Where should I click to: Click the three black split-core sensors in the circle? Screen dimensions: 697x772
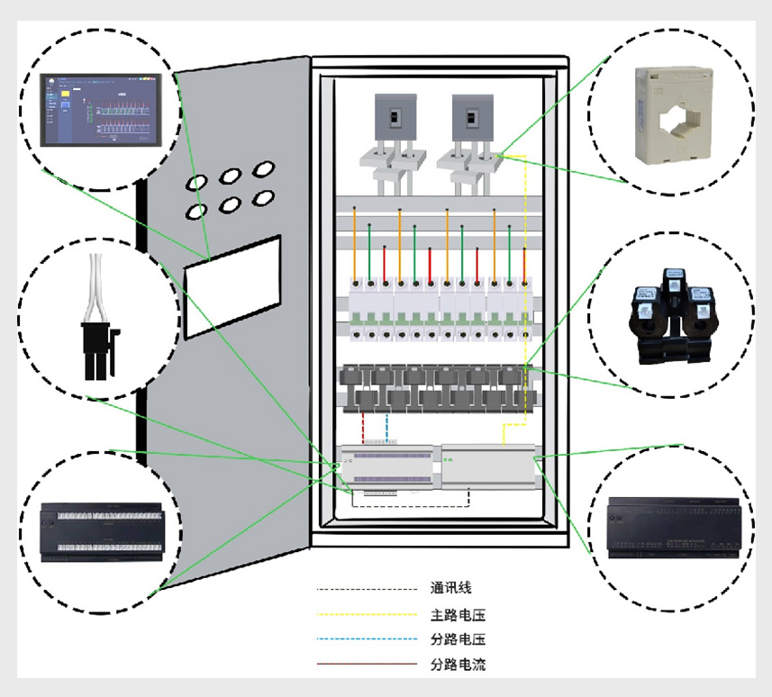pyautogui.click(x=673, y=315)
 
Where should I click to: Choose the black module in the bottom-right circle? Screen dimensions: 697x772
pyautogui.click(x=676, y=524)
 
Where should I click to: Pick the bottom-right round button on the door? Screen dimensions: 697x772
pyautogui.click(x=263, y=196)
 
